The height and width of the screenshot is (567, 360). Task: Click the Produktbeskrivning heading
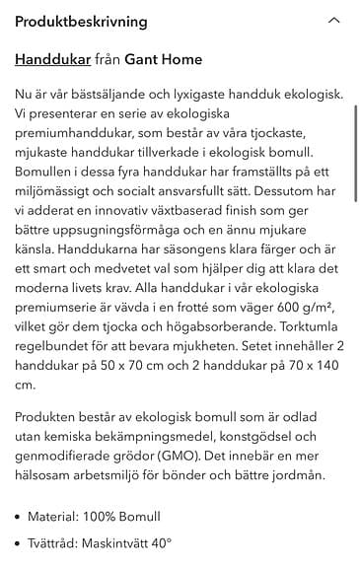click(81, 21)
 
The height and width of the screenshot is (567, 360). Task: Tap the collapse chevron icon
click(333, 21)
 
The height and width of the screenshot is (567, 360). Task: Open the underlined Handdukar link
click(52, 60)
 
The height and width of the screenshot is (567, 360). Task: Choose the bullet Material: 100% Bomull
click(95, 516)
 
